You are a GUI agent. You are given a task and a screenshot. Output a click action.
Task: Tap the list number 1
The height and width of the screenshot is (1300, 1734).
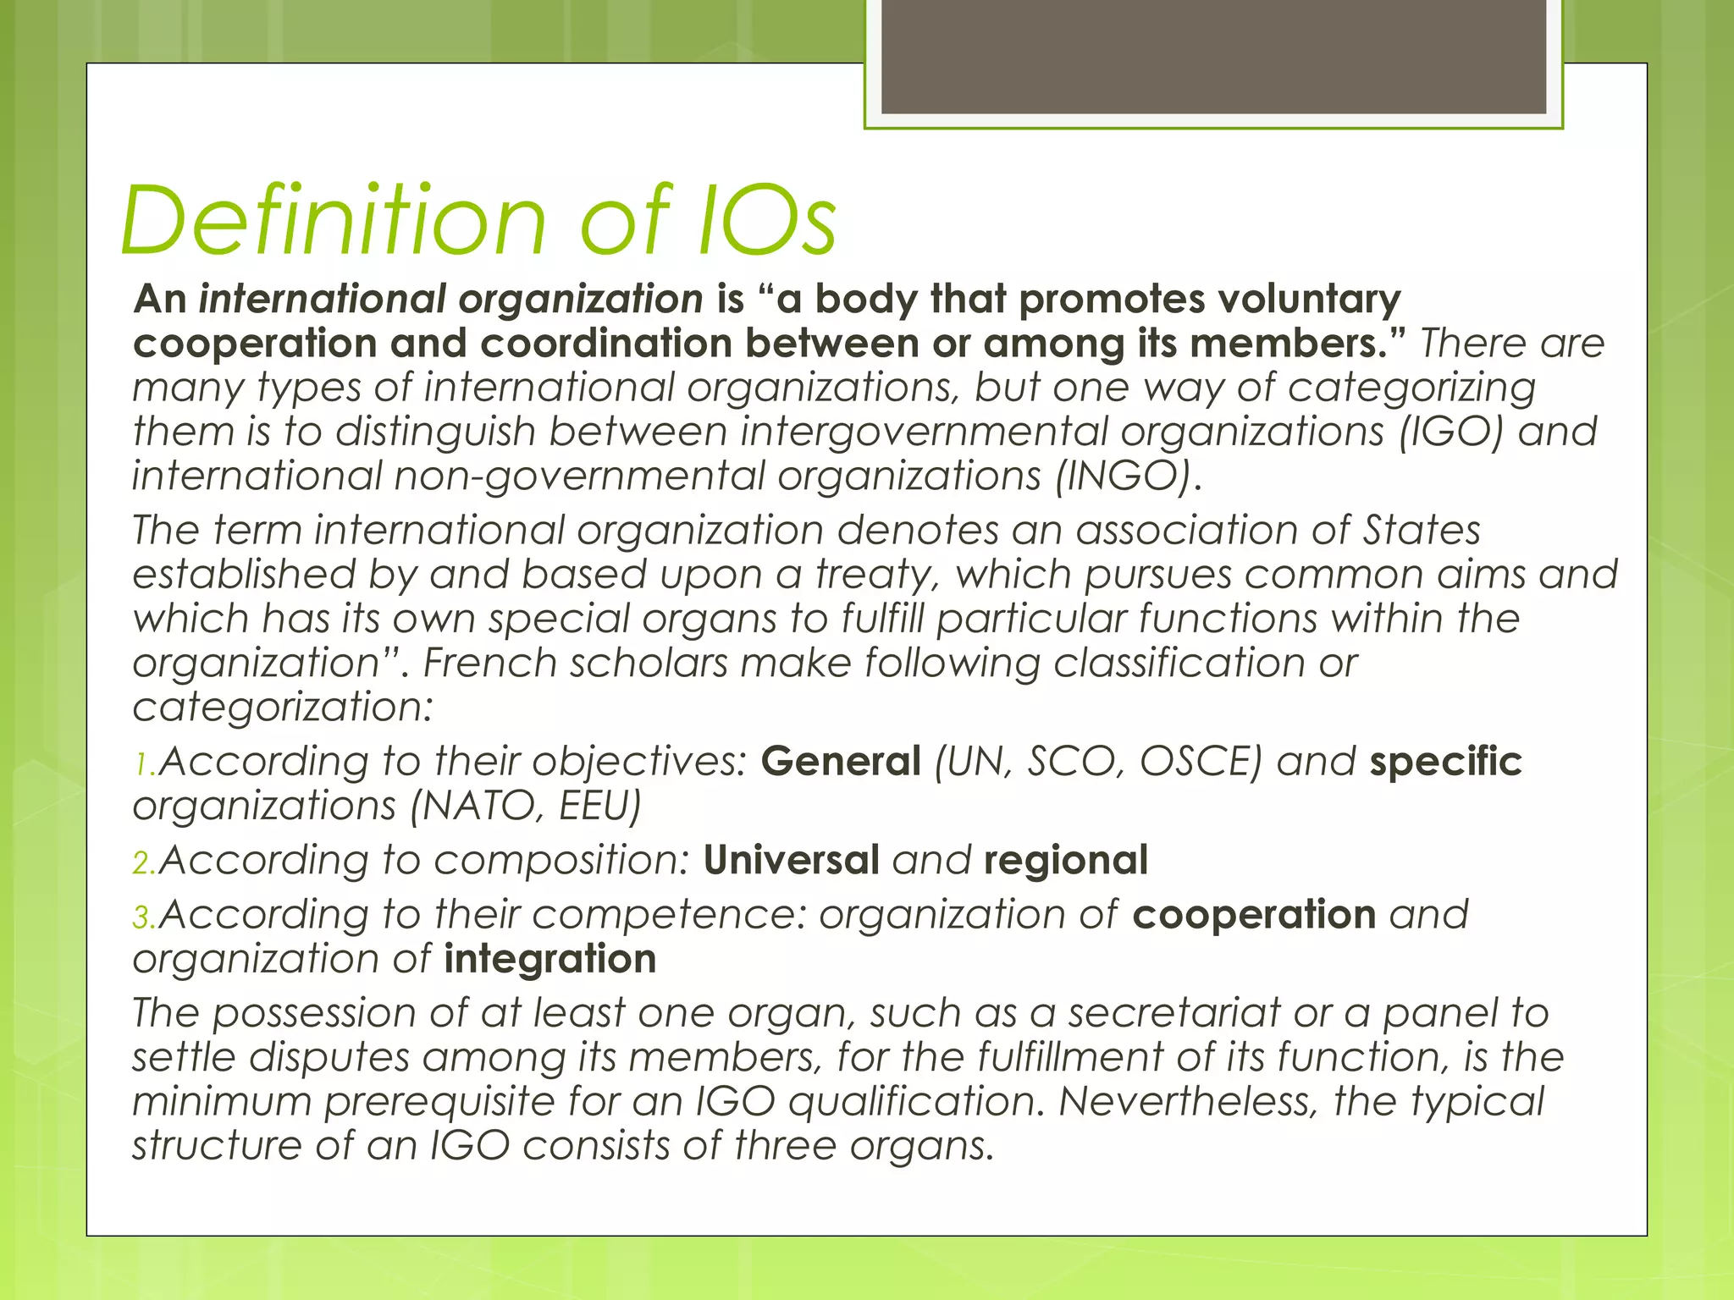143,764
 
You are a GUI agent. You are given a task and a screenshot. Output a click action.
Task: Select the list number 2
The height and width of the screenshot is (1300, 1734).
143,862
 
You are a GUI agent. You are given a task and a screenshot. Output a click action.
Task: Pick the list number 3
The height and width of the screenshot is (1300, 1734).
143,917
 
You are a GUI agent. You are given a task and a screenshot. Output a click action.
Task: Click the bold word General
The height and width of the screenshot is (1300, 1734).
841,761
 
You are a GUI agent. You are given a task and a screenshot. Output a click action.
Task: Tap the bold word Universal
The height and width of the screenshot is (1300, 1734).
791,860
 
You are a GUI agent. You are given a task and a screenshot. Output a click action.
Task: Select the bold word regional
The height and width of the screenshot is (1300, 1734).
1066,860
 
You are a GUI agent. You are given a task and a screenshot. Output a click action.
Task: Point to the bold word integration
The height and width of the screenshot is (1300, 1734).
550,959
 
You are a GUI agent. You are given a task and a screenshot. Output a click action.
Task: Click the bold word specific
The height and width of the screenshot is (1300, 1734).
1445,761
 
